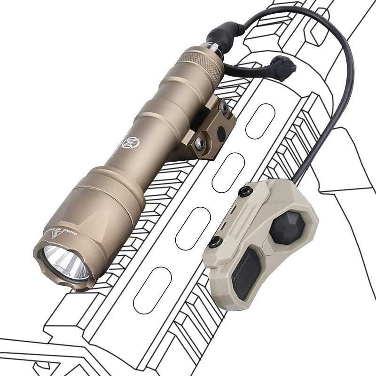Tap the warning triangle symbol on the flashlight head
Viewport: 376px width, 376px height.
[55, 234]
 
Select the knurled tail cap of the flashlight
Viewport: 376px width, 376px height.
[203, 66]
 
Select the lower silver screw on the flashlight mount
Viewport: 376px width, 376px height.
[199, 144]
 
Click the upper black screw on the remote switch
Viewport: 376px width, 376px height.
[244, 192]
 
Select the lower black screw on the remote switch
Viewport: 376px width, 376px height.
[215, 243]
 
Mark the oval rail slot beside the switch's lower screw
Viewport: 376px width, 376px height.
[193, 228]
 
